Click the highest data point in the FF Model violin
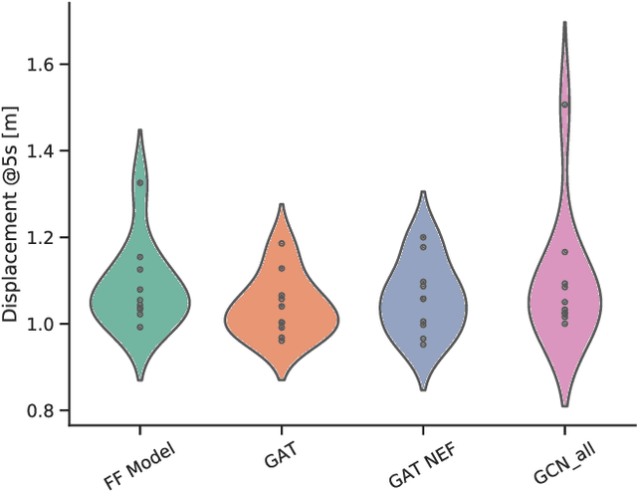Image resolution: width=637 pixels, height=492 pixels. pyautogui.click(x=140, y=183)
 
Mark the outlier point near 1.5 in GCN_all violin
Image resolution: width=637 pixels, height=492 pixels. pyautogui.click(x=564, y=105)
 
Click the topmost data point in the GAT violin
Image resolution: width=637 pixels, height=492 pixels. pyautogui.click(x=282, y=243)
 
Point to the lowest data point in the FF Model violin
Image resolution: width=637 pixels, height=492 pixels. pyautogui.click(x=140, y=327)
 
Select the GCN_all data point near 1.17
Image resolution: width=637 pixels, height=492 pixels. pyautogui.click(x=564, y=252)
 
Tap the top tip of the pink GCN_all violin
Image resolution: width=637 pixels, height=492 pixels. pyautogui.click(x=564, y=22)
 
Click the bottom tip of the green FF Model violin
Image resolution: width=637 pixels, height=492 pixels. pyautogui.click(x=140, y=380)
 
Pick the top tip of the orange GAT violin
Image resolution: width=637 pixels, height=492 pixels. pyautogui.click(x=282, y=205)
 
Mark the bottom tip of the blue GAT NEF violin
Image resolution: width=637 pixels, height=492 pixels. pyautogui.click(x=423, y=389)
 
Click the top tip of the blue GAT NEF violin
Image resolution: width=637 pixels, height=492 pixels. pyautogui.click(x=423, y=192)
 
